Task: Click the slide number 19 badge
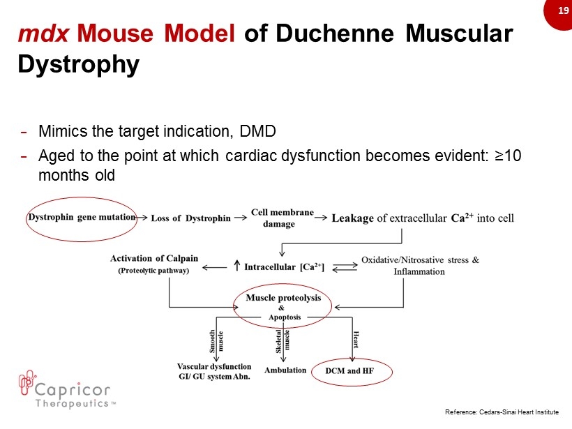559,12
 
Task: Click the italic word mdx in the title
43,33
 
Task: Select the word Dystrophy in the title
78,65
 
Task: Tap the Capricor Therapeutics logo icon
27,383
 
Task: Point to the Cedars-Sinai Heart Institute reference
502,412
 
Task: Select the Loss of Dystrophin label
191,218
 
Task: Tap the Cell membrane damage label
282,218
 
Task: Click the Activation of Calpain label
154,258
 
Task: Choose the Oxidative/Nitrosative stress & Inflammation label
420,266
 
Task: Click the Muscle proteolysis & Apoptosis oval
283,285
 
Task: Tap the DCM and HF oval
352,359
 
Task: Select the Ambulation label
285,370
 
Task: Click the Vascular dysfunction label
214,366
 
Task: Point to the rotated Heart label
356,339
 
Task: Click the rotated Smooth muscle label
216,341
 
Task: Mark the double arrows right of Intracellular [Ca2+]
345,267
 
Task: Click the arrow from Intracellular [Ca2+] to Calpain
215,268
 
